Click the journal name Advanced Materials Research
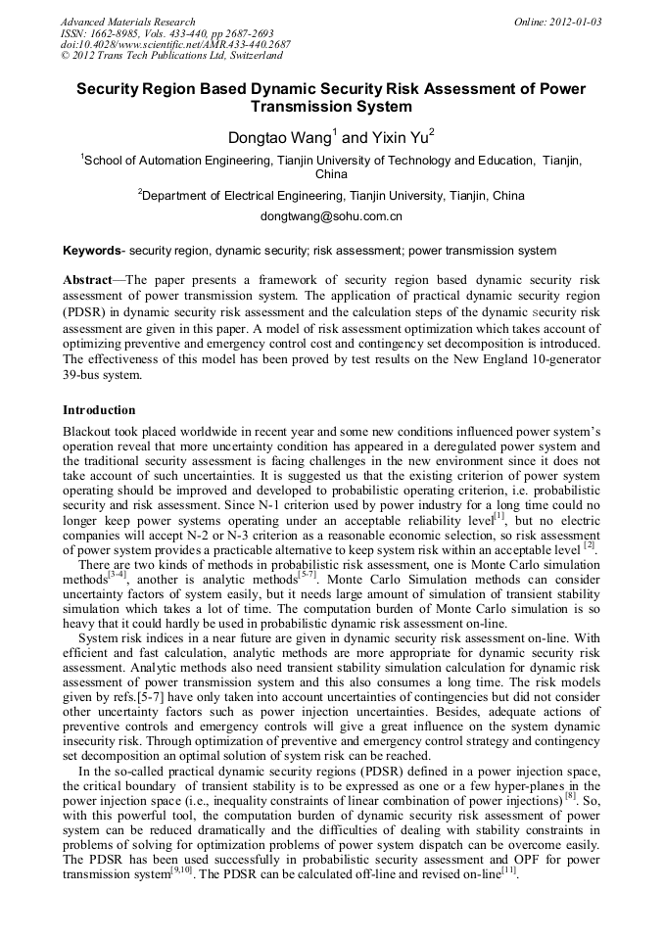click(x=127, y=22)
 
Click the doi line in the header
click(x=175, y=45)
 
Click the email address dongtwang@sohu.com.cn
click(x=331, y=216)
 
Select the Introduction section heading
click(x=99, y=410)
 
